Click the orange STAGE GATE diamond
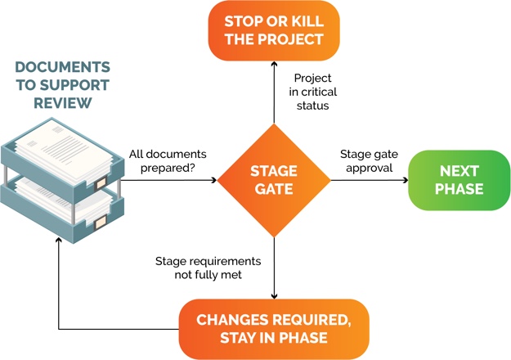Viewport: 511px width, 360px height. click(x=273, y=180)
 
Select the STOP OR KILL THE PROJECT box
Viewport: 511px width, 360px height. click(x=273, y=30)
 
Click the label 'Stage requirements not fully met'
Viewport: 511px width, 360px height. click(x=208, y=268)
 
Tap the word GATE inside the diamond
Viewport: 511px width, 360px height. click(x=273, y=189)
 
